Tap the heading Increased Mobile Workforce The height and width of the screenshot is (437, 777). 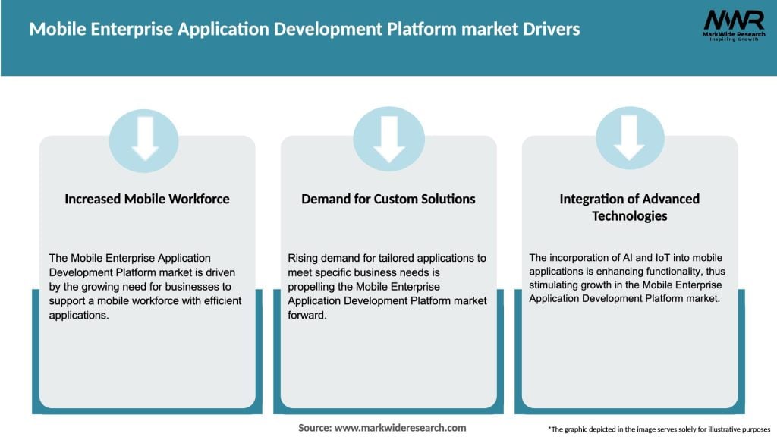pyautogui.click(x=147, y=199)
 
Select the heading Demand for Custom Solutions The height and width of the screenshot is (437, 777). pyautogui.click(x=388, y=199)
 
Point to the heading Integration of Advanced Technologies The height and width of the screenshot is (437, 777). pyautogui.click(x=630, y=207)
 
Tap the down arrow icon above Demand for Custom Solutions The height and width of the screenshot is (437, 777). pyautogui.click(x=388, y=139)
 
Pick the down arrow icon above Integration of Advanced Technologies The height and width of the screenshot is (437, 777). pyautogui.click(x=630, y=139)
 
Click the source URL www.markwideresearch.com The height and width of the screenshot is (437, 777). pyautogui.click(x=400, y=428)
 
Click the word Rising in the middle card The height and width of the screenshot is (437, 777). pyautogui.click(x=302, y=259)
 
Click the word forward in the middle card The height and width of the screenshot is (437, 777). pyautogui.click(x=307, y=314)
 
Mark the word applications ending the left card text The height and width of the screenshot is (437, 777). pyautogui.click(x=80, y=314)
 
